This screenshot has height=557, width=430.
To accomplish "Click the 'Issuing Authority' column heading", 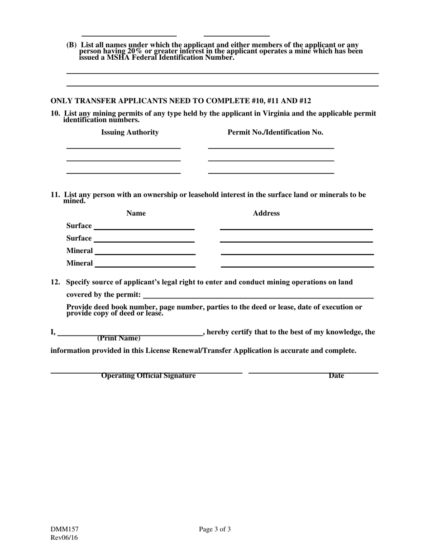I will point(129,132).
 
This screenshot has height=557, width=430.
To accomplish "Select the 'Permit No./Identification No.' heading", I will point(275,132).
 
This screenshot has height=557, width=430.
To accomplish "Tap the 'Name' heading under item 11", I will point(136,213).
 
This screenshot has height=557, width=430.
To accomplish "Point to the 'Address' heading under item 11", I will point(266,213).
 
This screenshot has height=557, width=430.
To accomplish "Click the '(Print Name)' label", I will point(119,338).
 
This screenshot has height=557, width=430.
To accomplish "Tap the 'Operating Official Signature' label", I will point(148,376).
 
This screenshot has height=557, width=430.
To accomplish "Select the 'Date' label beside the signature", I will point(336,376).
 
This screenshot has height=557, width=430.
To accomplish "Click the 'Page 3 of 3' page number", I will point(215,529).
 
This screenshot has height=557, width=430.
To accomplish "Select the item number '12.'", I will point(55,282).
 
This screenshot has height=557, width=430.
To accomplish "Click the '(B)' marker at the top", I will point(72,45).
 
